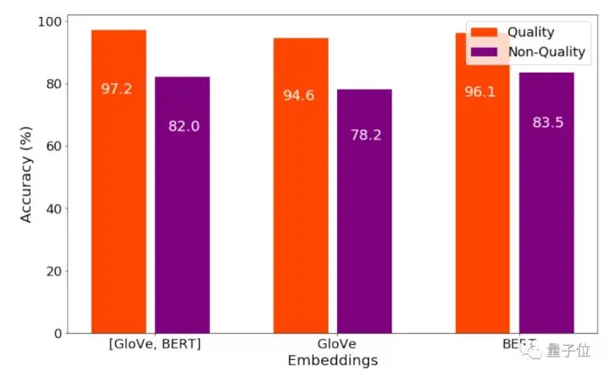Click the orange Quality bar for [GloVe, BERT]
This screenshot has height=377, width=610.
[x=119, y=212]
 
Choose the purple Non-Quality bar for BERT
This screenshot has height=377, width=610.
[x=546, y=229]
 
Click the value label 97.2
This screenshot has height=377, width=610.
[x=117, y=88]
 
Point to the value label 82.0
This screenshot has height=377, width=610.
[x=184, y=126]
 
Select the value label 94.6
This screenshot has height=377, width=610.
[x=299, y=96]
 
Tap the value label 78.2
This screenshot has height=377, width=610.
[x=365, y=135]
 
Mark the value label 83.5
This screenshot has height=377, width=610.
[x=548, y=123]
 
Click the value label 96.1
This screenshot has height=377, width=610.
[x=479, y=91]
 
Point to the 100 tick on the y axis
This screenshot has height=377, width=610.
[x=52, y=21]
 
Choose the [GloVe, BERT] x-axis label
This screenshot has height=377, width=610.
[x=148, y=345]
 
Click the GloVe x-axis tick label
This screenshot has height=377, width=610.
[x=333, y=345]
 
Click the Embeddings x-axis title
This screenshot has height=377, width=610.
[x=333, y=361]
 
